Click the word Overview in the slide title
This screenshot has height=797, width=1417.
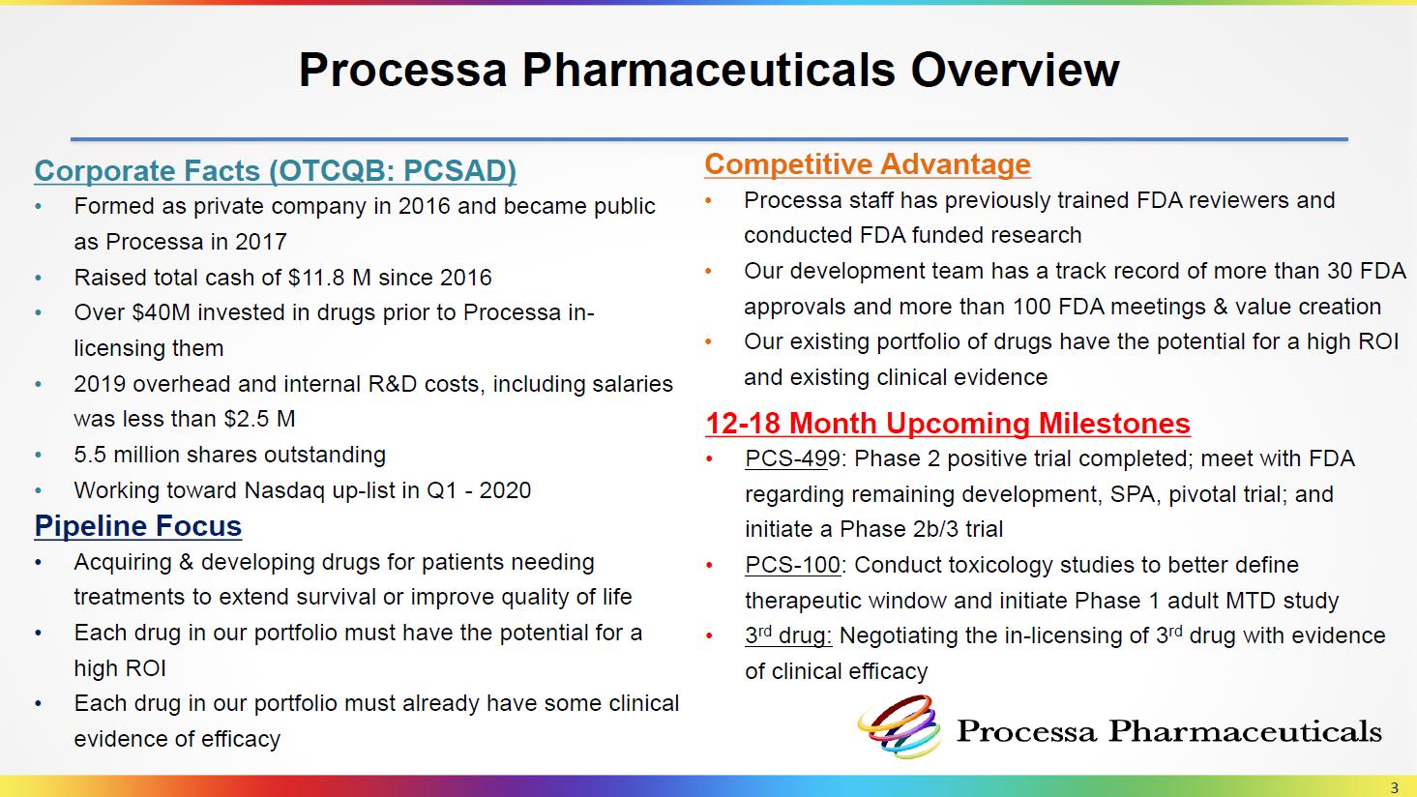pos(1015,70)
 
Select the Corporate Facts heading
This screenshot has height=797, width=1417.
pos(275,171)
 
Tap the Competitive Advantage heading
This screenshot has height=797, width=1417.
pos(868,164)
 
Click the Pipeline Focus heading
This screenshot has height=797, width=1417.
pos(138,526)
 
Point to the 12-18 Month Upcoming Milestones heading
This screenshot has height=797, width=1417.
pos(948,424)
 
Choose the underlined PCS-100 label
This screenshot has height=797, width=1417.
pos(792,565)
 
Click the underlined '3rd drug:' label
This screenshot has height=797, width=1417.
pos(788,635)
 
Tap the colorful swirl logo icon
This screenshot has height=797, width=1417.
pos(899,726)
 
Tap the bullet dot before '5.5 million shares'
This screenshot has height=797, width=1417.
pos(39,456)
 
